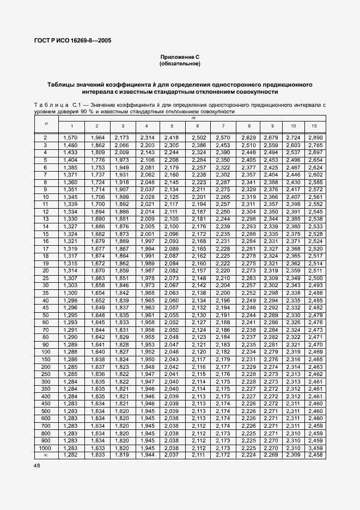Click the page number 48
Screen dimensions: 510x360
[38, 466]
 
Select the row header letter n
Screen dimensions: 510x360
[46, 123]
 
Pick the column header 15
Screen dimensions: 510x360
[314, 126]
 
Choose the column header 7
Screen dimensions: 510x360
[223, 126]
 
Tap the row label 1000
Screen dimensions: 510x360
[46, 447]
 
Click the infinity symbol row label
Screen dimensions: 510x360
[46, 454]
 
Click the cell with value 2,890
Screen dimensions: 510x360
[314, 138]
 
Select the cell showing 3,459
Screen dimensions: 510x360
[314, 447]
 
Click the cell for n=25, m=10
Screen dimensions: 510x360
[293, 278]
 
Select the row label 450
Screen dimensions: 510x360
[46, 403]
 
